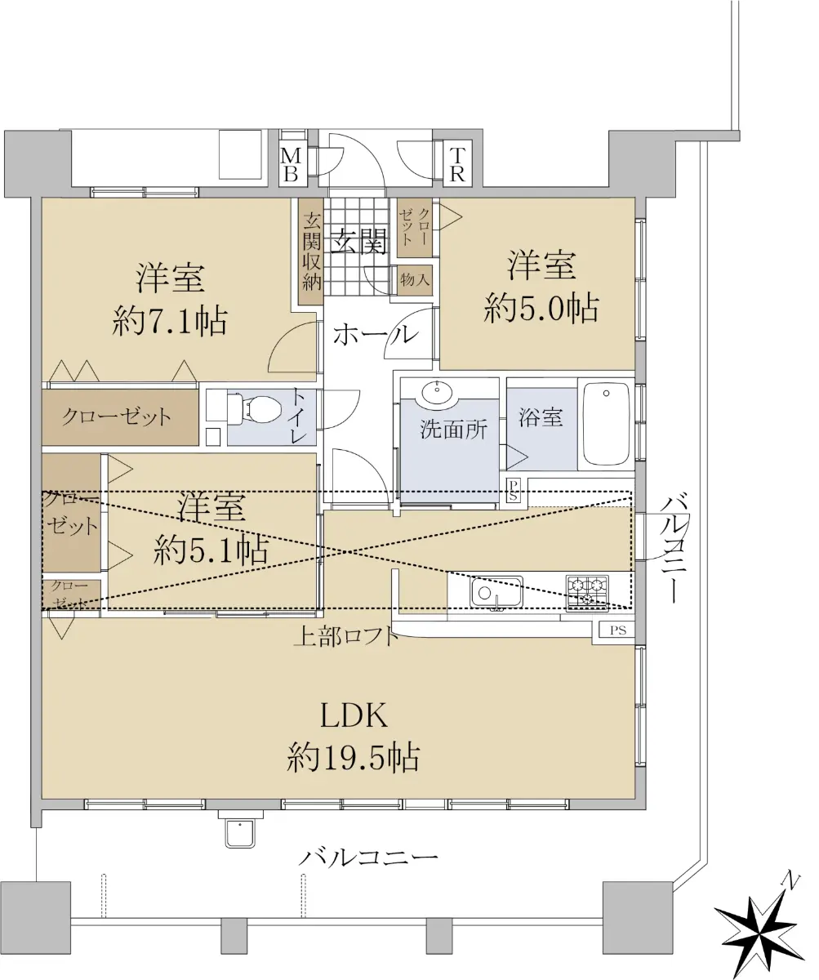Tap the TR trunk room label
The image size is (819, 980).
coord(456,164)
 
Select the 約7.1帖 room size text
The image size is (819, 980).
coord(170,322)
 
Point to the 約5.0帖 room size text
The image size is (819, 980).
coord(541,309)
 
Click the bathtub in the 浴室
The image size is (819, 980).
coord(606,424)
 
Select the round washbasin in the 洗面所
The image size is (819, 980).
coord(438,391)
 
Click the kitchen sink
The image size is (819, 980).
coord(497,593)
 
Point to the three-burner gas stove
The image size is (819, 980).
coord(587,593)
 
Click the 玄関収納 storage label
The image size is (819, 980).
coord(311,251)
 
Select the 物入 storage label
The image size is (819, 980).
coord(415,280)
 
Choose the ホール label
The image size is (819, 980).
coord(376,336)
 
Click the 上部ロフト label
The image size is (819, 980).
coord(346,637)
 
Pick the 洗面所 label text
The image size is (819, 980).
coord(453,429)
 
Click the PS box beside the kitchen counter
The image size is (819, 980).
coord(617,630)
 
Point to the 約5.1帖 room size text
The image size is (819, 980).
coord(211,549)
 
